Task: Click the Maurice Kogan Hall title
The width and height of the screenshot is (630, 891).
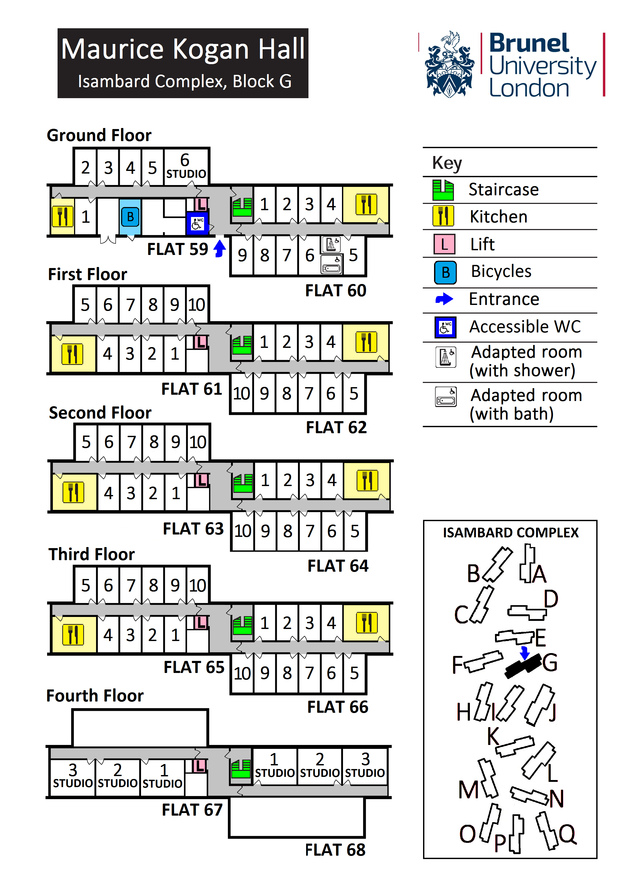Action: pyautogui.click(x=183, y=49)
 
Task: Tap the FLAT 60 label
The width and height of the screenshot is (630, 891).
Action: pyautogui.click(x=336, y=291)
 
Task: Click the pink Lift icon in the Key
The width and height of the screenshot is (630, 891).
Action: pyautogui.click(x=444, y=244)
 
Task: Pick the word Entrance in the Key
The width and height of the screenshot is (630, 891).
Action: pyautogui.click(x=504, y=299)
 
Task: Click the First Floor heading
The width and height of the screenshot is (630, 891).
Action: pyautogui.click(x=87, y=274)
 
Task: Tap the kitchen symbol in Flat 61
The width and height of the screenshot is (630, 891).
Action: pyautogui.click(x=72, y=354)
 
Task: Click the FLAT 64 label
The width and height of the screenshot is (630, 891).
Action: pyautogui.click(x=338, y=566)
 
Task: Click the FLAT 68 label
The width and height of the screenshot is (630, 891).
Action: pyautogui.click(x=335, y=850)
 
